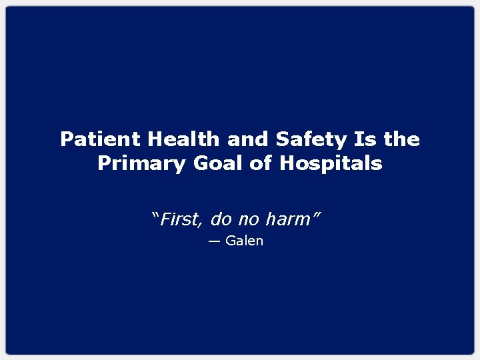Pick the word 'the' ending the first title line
(402, 139)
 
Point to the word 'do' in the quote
(221, 219)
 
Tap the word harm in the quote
(287, 219)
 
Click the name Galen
(245, 241)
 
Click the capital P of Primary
(104, 163)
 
